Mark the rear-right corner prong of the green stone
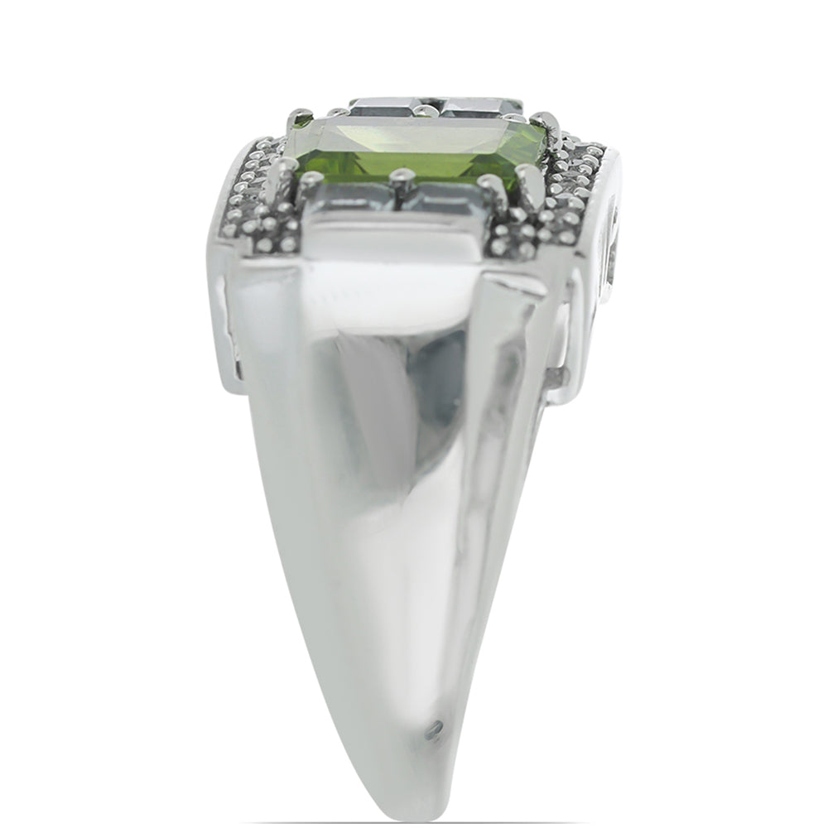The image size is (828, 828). coord(542,120)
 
